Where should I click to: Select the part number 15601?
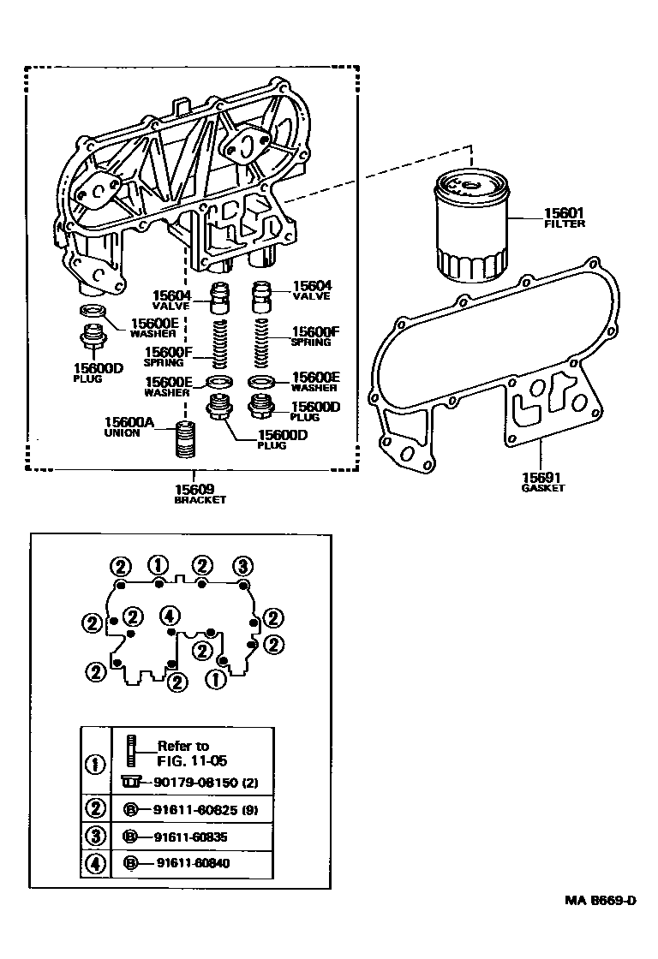[564, 213]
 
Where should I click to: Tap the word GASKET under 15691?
[542, 487]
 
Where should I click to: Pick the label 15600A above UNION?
[129, 421]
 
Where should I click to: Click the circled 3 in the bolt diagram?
[243, 565]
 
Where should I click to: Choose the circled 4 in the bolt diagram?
[170, 615]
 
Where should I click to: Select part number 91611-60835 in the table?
[193, 836]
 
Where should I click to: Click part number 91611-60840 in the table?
[193, 863]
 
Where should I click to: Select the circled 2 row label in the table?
[97, 807]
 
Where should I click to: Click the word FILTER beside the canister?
[565, 224]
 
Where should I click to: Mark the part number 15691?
[542, 476]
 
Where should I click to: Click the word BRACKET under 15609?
[200, 500]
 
